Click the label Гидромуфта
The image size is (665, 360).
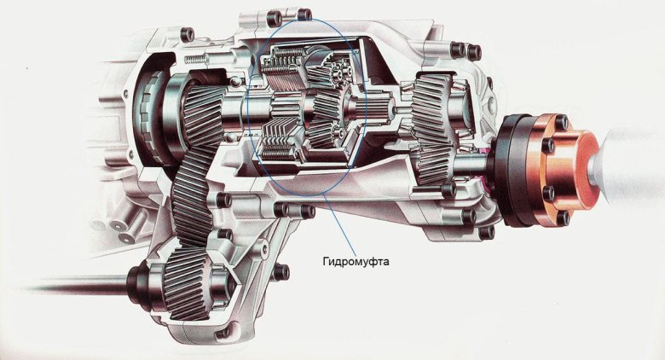[356, 262]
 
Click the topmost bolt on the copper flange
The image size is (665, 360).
[561, 123]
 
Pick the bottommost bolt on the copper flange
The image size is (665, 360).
[563, 218]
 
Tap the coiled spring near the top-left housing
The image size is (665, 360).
[195, 57]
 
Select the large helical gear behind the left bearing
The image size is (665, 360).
[204, 114]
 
